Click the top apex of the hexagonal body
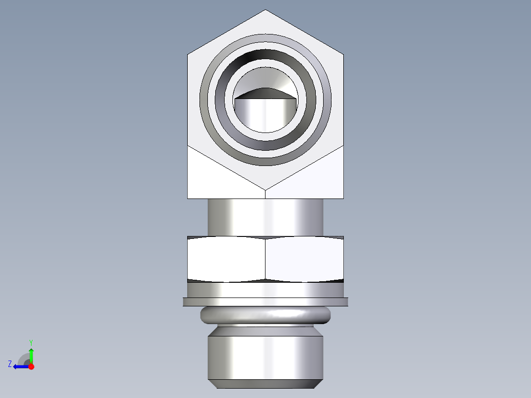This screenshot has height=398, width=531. click(265, 10)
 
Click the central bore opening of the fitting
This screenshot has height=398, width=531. click(265, 116)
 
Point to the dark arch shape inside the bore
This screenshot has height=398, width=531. click(265, 93)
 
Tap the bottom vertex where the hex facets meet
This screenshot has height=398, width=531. click(265, 190)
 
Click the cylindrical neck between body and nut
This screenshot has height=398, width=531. click(265, 217)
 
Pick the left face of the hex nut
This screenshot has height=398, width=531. click(227, 259)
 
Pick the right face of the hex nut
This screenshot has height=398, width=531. click(304, 259)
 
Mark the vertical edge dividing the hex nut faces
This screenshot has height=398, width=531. click(265, 259)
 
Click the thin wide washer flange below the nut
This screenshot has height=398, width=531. click(265, 301)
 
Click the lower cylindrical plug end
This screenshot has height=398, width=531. click(265, 357)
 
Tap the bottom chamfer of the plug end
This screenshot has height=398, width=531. click(265, 383)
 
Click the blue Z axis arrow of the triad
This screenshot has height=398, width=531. click(19, 366)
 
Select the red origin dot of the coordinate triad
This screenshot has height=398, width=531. click(32, 366)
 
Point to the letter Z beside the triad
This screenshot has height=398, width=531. click(10, 364)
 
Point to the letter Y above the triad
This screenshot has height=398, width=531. click(31, 342)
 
